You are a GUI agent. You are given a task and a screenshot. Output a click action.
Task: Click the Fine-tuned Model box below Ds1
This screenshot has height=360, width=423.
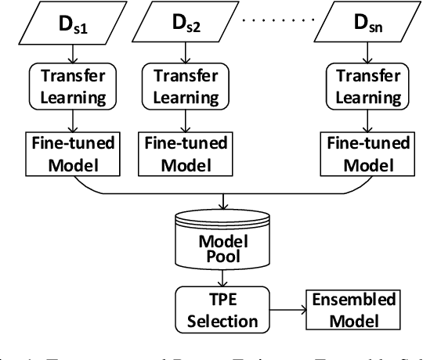(72, 153)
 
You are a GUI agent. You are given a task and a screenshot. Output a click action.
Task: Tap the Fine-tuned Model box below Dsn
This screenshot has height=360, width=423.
(364, 153)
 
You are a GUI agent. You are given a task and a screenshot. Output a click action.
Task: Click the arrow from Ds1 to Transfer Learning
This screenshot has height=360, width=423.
(72, 52)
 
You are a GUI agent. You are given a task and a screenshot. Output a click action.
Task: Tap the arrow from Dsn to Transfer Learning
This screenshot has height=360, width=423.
(364, 52)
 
